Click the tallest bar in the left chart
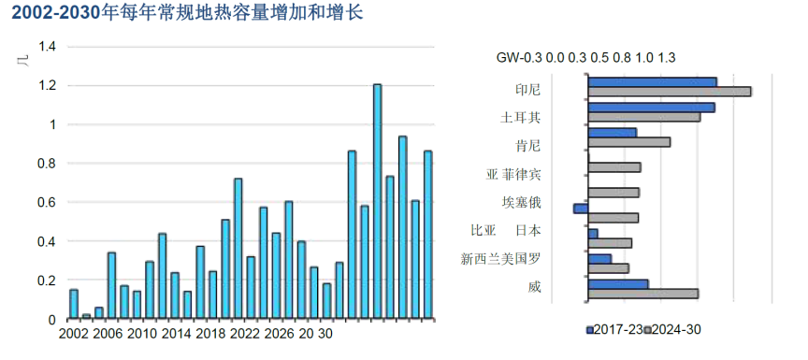click(377, 201)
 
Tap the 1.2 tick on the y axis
click(48, 86)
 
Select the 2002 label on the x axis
click(74, 334)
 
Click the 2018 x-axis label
click(210, 334)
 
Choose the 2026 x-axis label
click(280, 334)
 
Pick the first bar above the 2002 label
click(74, 304)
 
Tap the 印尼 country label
click(528, 90)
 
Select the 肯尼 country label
click(528, 146)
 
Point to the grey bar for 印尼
click(670, 92)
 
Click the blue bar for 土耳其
click(651, 108)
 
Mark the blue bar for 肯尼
click(613, 132)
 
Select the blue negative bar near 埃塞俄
click(581, 208)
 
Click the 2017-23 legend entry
click(616, 330)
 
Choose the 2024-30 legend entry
click(676, 330)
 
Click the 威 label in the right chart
click(534, 286)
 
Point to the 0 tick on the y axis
click(53, 320)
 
